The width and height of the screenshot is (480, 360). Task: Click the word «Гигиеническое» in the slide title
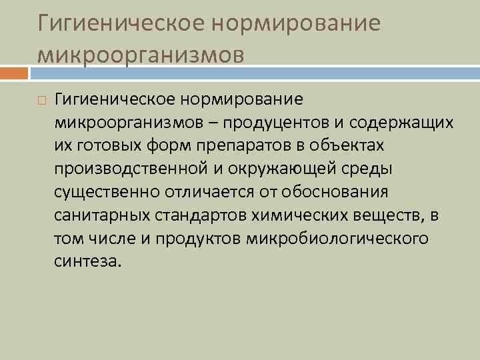click(x=117, y=23)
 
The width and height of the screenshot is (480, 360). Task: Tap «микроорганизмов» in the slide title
click(x=141, y=53)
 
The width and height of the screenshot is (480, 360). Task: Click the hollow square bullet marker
click(x=42, y=100)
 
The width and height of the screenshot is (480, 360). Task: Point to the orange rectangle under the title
click(x=14, y=70)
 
